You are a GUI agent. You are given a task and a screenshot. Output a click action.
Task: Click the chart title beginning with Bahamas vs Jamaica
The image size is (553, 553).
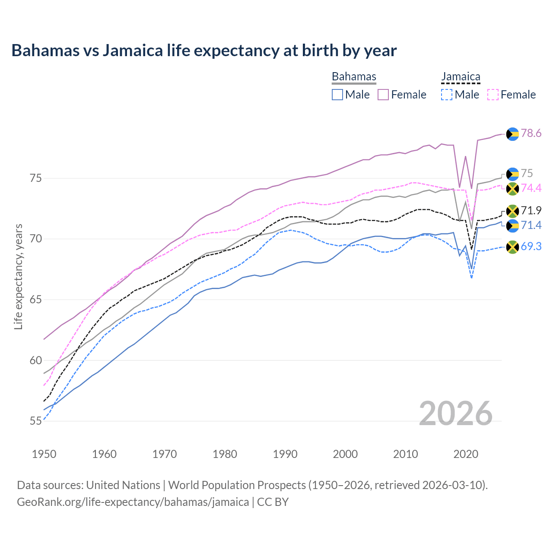pyautogui.click(x=204, y=51)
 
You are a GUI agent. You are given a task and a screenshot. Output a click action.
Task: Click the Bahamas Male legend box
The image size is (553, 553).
pyautogui.click(x=337, y=95)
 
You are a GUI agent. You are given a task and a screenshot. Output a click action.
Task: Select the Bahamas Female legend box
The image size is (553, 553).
pyautogui.click(x=383, y=95)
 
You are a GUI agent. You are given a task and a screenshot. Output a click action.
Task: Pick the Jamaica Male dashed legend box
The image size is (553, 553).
pyautogui.click(x=447, y=95)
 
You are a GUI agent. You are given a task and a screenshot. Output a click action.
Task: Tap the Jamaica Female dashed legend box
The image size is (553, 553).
pyautogui.click(x=493, y=95)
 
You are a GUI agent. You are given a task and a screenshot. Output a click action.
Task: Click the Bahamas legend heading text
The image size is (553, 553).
pyautogui.click(x=354, y=76)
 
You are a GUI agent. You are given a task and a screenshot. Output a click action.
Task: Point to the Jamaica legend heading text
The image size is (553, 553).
pyautogui.click(x=461, y=76)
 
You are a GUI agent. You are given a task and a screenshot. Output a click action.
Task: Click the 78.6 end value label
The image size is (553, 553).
pyautogui.click(x=531, y=133)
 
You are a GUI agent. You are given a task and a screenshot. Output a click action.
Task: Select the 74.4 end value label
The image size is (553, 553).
pyautogui.click(x=531, y=188)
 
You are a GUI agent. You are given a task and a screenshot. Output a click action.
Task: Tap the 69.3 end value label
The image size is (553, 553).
pyautogui.click(x=531, y=247)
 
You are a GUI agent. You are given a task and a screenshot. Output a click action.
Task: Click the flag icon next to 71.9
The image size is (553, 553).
pyautogui.click(x=512, y=211)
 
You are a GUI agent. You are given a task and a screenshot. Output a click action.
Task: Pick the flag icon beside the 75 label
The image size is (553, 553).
pyautogui.click(x=512, y=174)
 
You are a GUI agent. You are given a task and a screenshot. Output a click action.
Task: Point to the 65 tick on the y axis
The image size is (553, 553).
pyautogui.click(x=36, y=300)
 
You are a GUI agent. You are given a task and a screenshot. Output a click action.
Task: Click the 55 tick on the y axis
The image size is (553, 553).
pyautogui.click(x=36, y=421)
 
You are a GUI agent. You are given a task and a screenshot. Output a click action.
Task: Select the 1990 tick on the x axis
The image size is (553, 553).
pyautogui.click(x=285, y=454)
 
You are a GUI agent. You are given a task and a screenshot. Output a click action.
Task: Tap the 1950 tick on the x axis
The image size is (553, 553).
pyautogui.click(x=44, y=454)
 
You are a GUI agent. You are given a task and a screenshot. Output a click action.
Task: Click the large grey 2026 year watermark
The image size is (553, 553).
pyautogui.click(x=456, y=413)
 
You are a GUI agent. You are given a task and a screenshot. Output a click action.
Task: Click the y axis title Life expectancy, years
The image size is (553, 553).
pyautogui.click(x=18, y=276)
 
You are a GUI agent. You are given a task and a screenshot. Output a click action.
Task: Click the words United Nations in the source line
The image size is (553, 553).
pyautogui.click(x=123, y=485)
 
